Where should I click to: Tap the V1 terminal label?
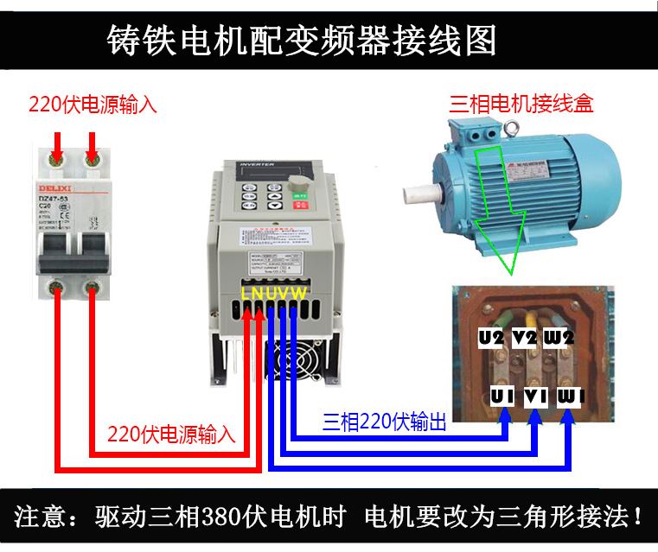[535, 397]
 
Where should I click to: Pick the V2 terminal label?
[525, 338]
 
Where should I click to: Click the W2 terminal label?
[559, 338]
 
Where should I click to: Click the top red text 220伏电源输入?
[93, 105]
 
